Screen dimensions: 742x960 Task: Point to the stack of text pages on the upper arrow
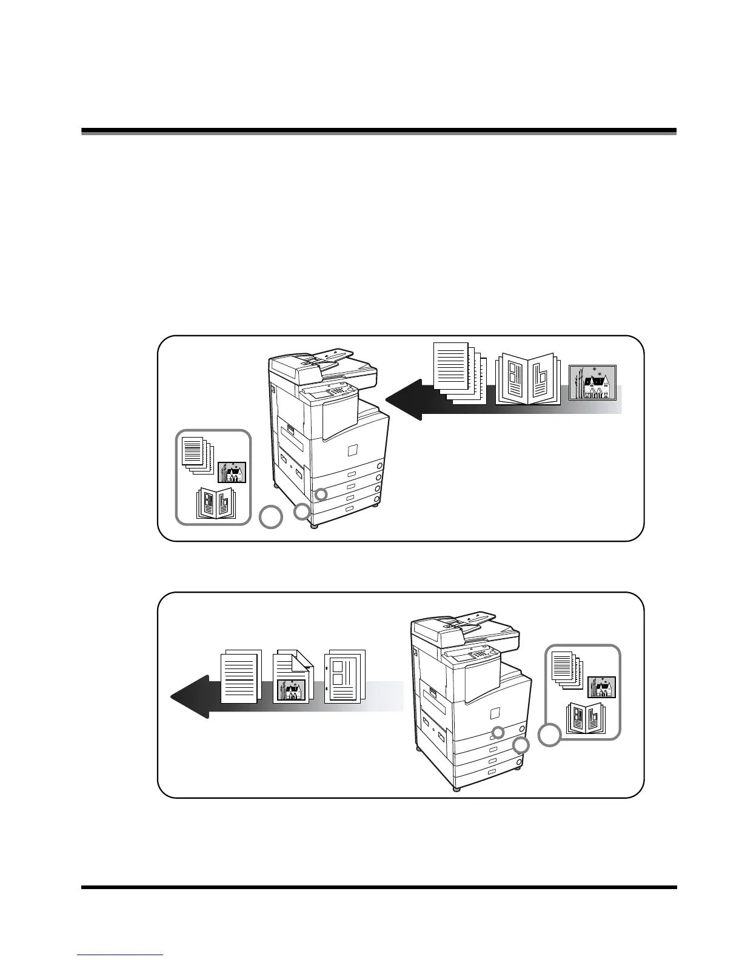[460, 372]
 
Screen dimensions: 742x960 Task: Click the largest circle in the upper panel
[271, 518]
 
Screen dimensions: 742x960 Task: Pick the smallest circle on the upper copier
[323, 494]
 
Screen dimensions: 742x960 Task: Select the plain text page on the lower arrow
[241, 676]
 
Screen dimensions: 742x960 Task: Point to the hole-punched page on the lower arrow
[344, 676]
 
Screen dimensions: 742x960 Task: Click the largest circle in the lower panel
[549, 735]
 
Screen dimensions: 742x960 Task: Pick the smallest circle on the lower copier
[498, 732]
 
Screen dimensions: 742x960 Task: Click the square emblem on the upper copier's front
[352, 450]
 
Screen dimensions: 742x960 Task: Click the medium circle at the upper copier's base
[302, 513]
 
